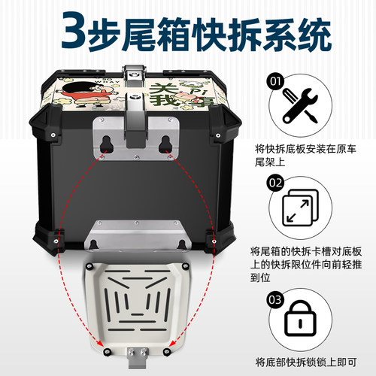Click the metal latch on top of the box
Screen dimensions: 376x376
(x=132, y=78)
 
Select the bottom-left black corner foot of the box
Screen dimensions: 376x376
(x=53, y=238)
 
